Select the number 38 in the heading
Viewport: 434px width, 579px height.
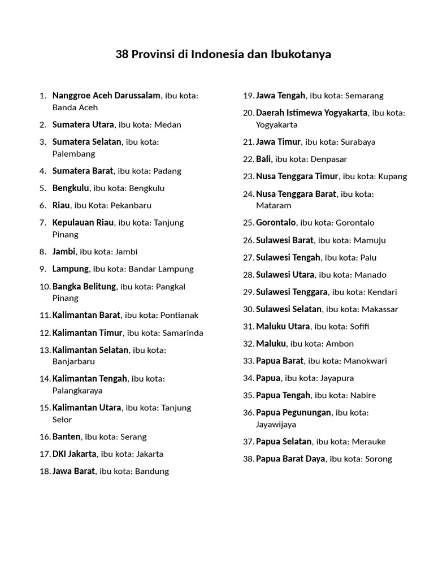[122, 55]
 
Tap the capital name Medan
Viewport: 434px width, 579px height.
[168, 124]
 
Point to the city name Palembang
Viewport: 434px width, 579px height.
[73, 154]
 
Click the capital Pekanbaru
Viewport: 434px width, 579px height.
[131, 205]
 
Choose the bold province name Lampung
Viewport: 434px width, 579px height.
[71, 269]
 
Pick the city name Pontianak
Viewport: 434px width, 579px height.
[179, 315]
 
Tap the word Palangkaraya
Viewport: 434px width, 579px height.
[77, 390]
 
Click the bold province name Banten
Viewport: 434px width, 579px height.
[67, 437]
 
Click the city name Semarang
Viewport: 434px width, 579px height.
[364, 96]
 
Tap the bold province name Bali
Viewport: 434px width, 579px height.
[263, 159]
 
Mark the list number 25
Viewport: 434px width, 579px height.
[248, 223]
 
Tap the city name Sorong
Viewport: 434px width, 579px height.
[379, 459]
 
